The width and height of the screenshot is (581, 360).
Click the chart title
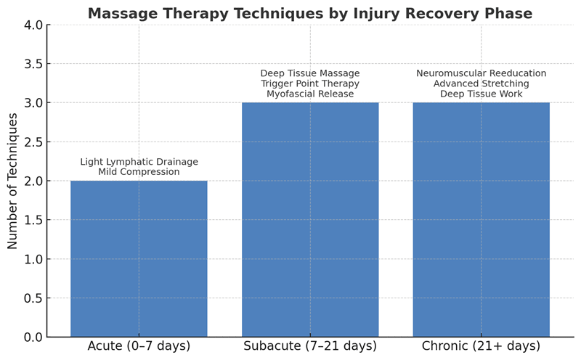coord(310,13)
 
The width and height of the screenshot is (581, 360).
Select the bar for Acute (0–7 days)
coord(139,259)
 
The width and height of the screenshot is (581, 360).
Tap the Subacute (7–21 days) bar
coord(310,220)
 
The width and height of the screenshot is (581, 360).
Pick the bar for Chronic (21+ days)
coord(482,220)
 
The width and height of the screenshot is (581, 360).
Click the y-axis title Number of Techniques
coord(12,181)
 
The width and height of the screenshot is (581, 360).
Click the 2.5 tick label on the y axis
coord(33,142)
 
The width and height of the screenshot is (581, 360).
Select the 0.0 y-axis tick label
coord(33,337)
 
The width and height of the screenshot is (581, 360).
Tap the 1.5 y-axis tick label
coord(33,220)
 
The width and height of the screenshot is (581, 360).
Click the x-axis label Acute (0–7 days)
coord(139,346)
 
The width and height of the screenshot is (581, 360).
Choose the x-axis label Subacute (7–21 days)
coord(310,346)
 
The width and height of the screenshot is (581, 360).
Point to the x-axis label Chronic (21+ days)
coord(482,346)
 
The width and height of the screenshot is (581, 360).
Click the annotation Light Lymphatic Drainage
coord(139,162)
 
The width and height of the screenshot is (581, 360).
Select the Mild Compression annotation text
coord(139,172)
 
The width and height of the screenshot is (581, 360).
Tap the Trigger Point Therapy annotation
coord(310,83)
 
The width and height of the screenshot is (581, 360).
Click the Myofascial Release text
coord(310,94)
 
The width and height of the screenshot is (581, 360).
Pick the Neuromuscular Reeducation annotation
coord(482,73)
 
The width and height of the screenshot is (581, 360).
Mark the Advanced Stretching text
coord(482,83)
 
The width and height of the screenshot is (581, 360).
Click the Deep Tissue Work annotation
coord(482,94)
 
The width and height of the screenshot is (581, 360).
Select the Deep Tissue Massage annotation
coord(310,73)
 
